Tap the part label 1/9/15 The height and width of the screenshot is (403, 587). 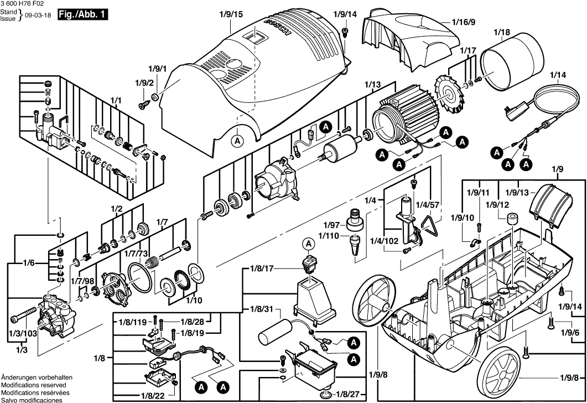coord(230,14)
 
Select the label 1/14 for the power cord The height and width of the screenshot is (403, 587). coord(558,75)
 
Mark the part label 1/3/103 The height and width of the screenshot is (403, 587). coord(22,333)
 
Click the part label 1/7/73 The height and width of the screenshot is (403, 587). coord(136,253)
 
